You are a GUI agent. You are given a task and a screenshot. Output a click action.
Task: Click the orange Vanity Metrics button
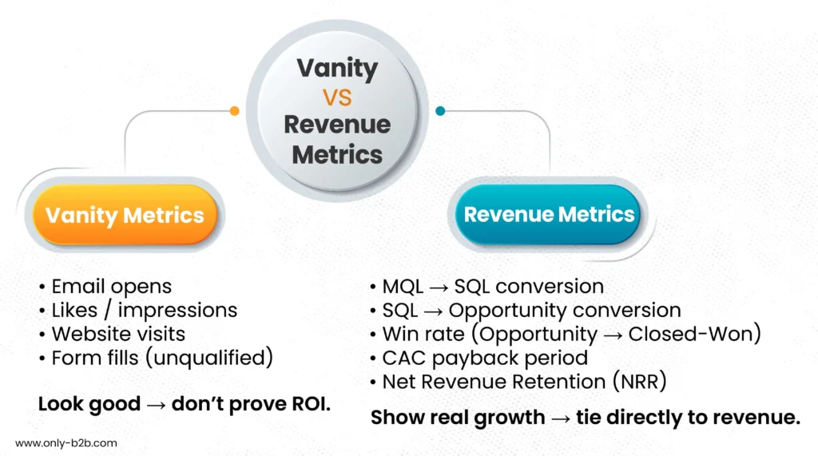(x=125, y=215)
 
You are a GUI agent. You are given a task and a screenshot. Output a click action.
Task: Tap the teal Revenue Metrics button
(x=548, y=215)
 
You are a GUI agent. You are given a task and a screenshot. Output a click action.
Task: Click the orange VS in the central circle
(x=337, y=97)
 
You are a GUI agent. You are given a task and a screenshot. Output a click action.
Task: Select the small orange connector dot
(x=235, y=111)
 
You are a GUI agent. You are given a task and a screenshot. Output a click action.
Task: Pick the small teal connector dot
(x=440, y=111)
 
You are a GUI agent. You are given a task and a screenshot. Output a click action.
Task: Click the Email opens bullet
(x=105, y=287)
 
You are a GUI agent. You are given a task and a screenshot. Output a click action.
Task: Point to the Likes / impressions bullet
(x=138, y=311)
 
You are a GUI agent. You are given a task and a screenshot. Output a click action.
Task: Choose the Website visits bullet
(x=112, y=334)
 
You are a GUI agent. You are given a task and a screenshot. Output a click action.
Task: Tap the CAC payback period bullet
(x=479, y=358)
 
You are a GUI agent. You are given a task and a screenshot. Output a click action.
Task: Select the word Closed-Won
(x=691, y=334)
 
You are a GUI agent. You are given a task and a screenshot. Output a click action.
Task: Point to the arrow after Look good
(x=156, y=405)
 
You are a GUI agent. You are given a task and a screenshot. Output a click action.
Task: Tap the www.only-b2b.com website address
(x=66, y=443)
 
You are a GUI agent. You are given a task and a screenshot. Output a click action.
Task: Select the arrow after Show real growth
(x=561, y=418)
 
